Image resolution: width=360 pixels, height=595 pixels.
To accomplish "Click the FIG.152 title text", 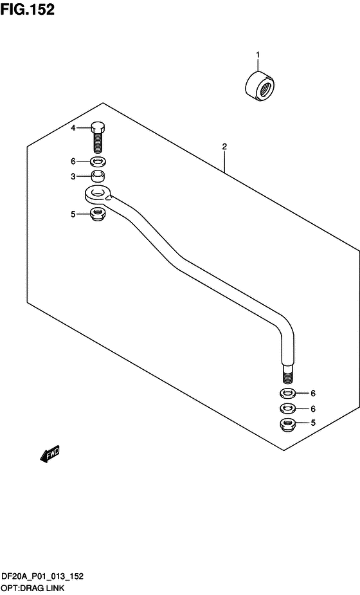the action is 27,10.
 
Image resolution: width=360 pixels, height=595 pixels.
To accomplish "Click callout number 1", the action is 258,55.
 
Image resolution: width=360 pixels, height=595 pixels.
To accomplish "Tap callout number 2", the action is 224,147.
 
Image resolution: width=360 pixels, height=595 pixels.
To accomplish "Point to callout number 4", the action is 73,128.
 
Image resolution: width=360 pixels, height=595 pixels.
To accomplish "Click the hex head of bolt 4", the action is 98,127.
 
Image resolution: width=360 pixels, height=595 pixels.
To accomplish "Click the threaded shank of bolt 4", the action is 98,142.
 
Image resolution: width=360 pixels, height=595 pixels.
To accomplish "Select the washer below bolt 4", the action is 98,162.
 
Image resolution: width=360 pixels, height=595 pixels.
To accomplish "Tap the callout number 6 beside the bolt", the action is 73,161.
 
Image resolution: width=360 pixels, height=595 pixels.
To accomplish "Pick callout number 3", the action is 73,176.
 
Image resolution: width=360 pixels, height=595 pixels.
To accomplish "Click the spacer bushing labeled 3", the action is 98,176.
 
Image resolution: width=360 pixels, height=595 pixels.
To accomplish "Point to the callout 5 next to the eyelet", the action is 73,214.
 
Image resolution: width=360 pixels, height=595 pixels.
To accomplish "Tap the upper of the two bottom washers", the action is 288,393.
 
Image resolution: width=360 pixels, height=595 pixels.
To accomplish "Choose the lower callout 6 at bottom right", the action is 313,408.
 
